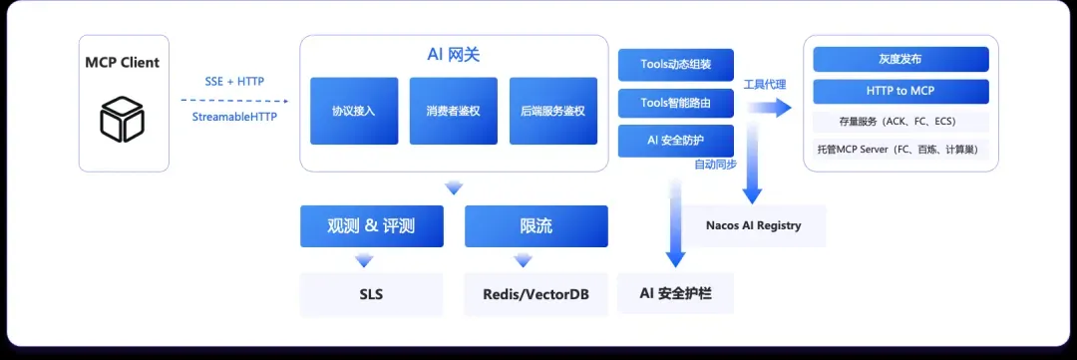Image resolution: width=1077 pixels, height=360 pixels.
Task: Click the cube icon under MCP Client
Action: [123, 119]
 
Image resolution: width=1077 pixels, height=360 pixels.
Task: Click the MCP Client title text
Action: [123, 63]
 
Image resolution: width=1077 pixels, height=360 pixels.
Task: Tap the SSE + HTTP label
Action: [234, 81]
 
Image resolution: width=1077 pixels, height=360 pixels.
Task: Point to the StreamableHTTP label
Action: [234, 117]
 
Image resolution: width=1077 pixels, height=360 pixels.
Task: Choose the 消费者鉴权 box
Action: [454, 111]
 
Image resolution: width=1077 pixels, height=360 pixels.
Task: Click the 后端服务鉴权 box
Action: [552, 111]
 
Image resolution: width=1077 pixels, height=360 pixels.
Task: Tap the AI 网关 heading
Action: [454, 55]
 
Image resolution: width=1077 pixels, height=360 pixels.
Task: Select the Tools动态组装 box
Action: [676, 65]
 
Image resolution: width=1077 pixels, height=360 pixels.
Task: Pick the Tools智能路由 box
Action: [676, 103]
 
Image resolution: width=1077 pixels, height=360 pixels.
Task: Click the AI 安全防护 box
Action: [676, 141]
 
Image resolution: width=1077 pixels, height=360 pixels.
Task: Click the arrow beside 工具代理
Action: [769, 107]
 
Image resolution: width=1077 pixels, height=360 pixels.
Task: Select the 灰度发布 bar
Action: [900, 59]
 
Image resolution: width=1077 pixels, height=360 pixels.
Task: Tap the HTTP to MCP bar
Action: [900, 92]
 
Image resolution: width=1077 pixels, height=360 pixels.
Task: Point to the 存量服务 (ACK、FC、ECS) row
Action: [900, 122]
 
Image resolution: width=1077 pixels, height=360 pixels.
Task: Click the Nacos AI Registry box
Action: [754, 225]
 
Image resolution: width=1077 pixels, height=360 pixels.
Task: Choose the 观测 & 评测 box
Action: [372, 226]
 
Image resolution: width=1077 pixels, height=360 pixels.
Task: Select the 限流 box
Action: [537, 226]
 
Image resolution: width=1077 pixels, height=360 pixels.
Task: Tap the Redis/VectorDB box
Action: [537, 295]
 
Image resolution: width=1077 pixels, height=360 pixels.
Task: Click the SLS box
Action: [372, 295]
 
